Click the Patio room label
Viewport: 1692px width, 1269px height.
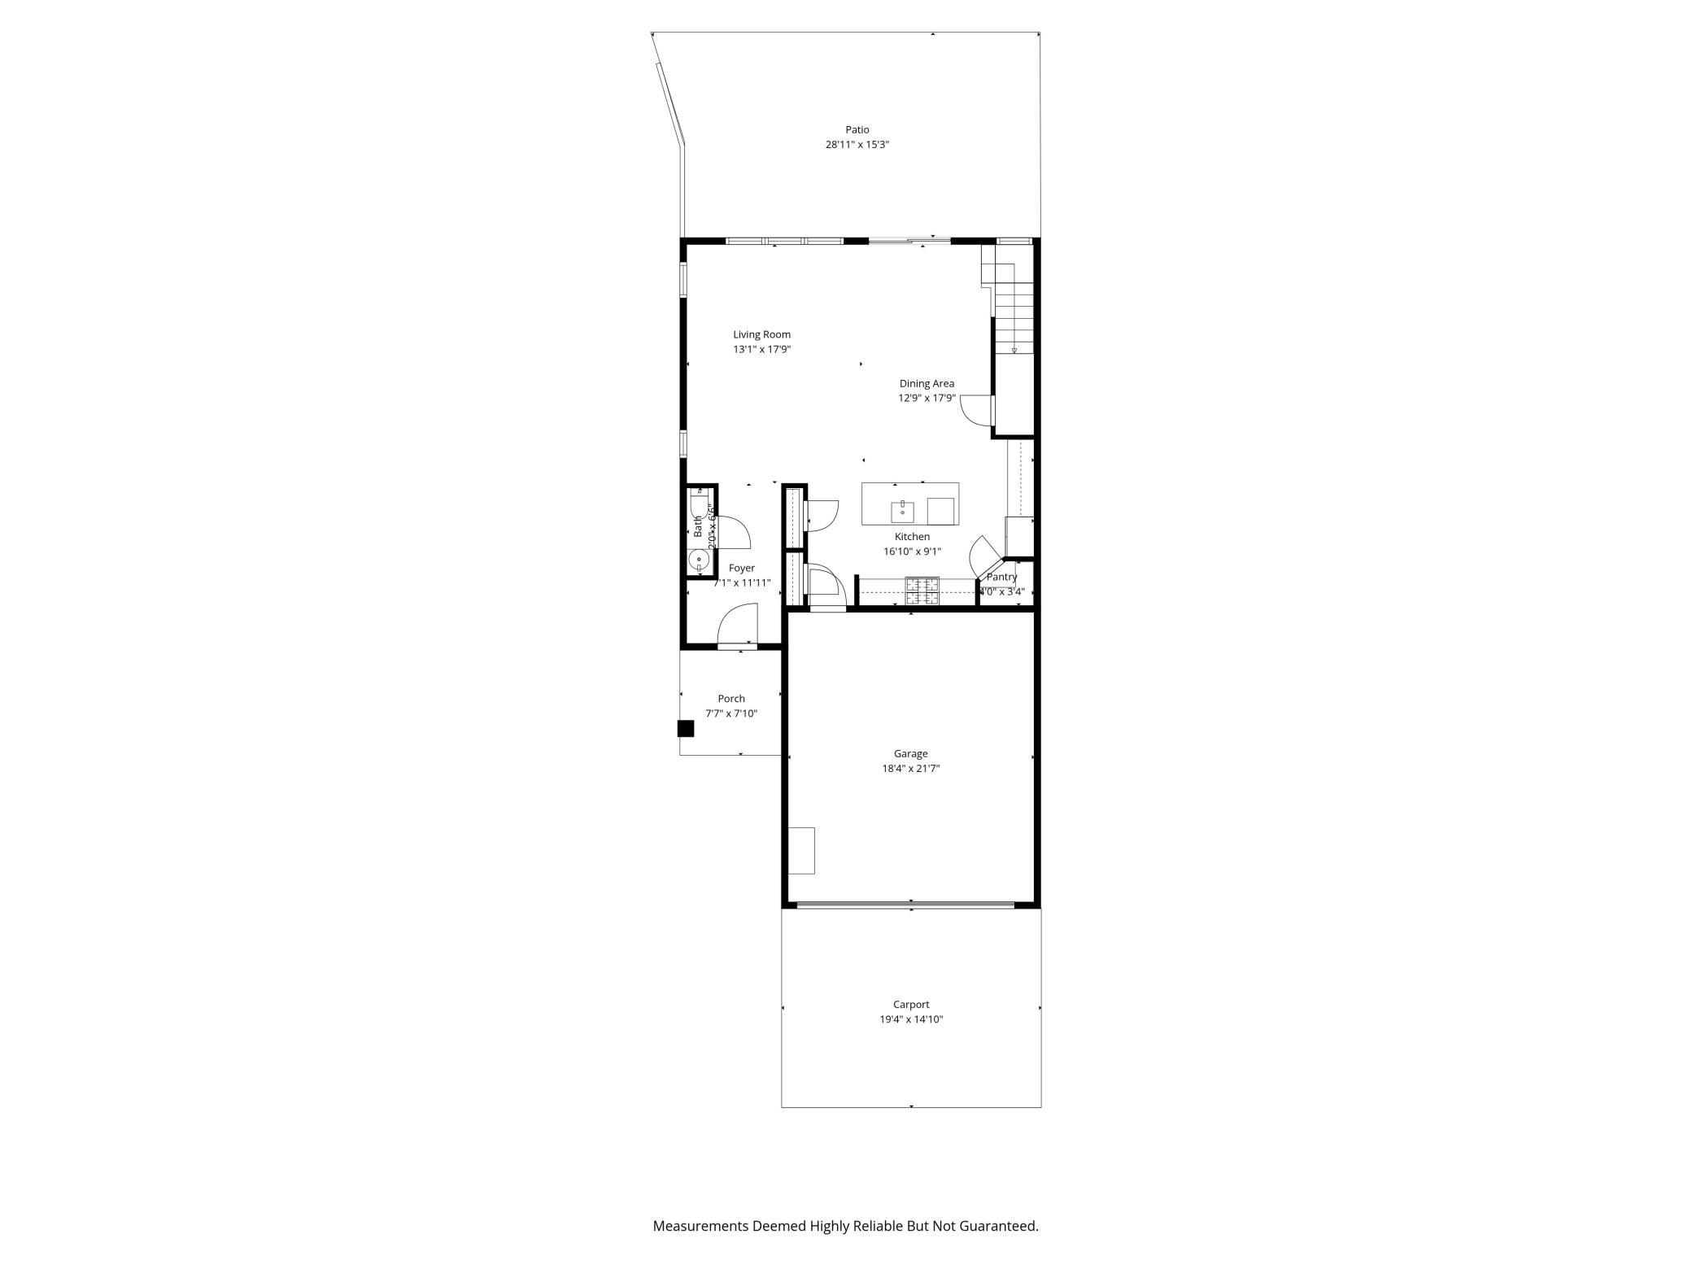(857, 129)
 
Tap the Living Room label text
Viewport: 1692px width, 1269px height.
(761, 334)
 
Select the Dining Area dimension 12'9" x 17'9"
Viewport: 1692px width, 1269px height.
(927, 399)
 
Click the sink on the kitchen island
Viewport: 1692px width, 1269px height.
(903, 512)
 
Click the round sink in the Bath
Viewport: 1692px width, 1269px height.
(698, 560)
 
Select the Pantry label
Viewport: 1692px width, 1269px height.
(1001, 577)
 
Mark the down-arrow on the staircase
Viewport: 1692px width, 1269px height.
(1014, 350)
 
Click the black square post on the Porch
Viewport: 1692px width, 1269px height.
(686, 729)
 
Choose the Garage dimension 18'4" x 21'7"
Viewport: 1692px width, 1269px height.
(911, 769)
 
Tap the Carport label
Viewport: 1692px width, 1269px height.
(911, 1005)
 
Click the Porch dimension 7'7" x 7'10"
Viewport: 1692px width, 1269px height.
(731, 713)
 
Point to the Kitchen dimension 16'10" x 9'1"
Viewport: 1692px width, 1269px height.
(912, 552)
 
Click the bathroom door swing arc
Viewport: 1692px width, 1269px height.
(734, 532)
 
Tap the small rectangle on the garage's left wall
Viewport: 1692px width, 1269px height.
(802, 851)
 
